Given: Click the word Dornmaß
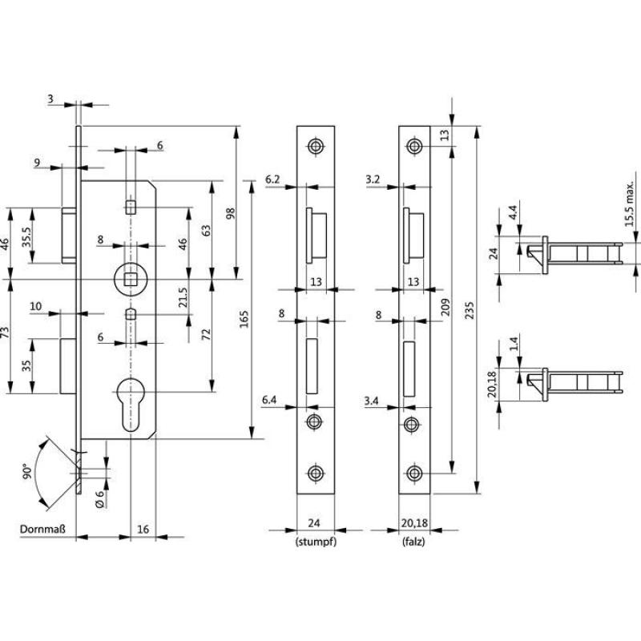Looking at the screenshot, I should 42,530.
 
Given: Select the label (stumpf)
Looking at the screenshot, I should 314,542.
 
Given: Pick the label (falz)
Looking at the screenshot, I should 413,542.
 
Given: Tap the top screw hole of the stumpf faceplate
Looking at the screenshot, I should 315,147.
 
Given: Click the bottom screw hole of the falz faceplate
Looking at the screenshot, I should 413,472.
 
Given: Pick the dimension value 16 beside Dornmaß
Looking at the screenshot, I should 143,530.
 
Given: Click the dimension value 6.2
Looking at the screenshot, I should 273,180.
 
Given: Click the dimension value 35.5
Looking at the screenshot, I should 27,237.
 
